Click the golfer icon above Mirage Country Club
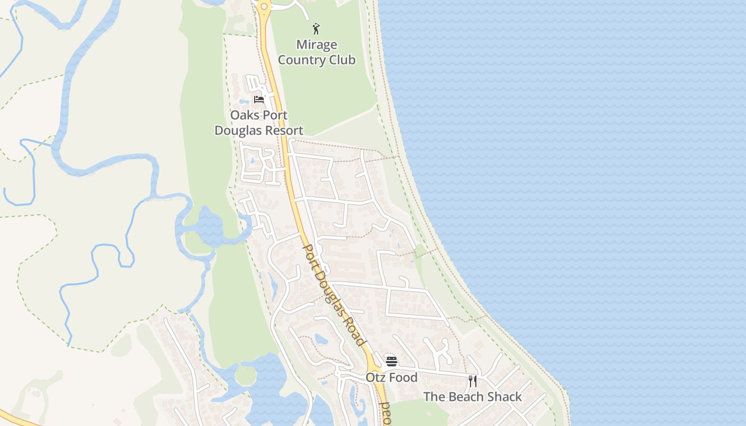pos(316,28)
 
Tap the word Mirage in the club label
pos(317,45)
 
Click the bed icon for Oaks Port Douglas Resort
pos(259,99)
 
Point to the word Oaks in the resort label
pos(244,115)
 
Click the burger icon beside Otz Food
pos(392,362)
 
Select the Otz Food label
pos(391,378)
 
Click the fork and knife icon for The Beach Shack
pos(473,381)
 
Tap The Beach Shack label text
pos(473,397)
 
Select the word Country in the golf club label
pos(302,60)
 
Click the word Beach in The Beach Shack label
pos(467,397)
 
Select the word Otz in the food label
pos(375,378)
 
